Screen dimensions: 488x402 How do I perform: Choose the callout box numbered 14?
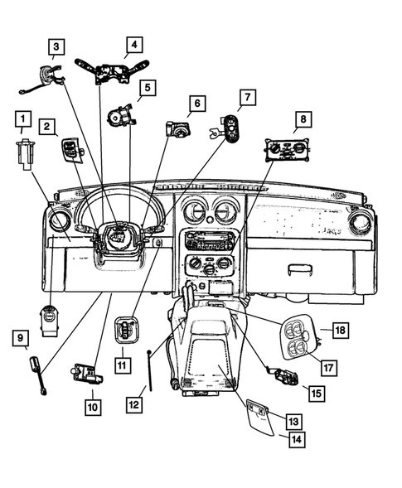(296, 440)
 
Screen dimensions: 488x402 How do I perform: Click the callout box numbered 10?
(92, 406)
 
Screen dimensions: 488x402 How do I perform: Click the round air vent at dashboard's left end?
(60, 222)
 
